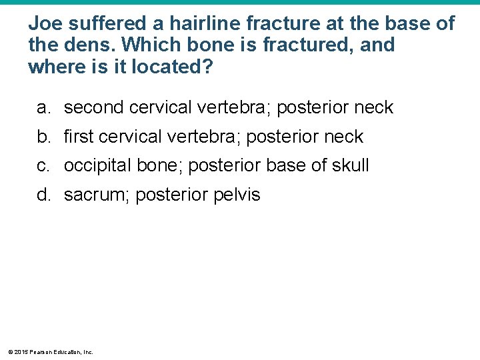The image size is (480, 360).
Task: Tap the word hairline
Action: [x=205, y=24]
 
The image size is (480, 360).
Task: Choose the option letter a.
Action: [x=43, y=107]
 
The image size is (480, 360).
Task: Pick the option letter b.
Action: [x=43, y=137]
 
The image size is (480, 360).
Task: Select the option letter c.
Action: [x=43, y=165]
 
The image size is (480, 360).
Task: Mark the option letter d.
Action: [x=43, y=195]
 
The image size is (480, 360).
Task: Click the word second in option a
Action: [x=94, y=107]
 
